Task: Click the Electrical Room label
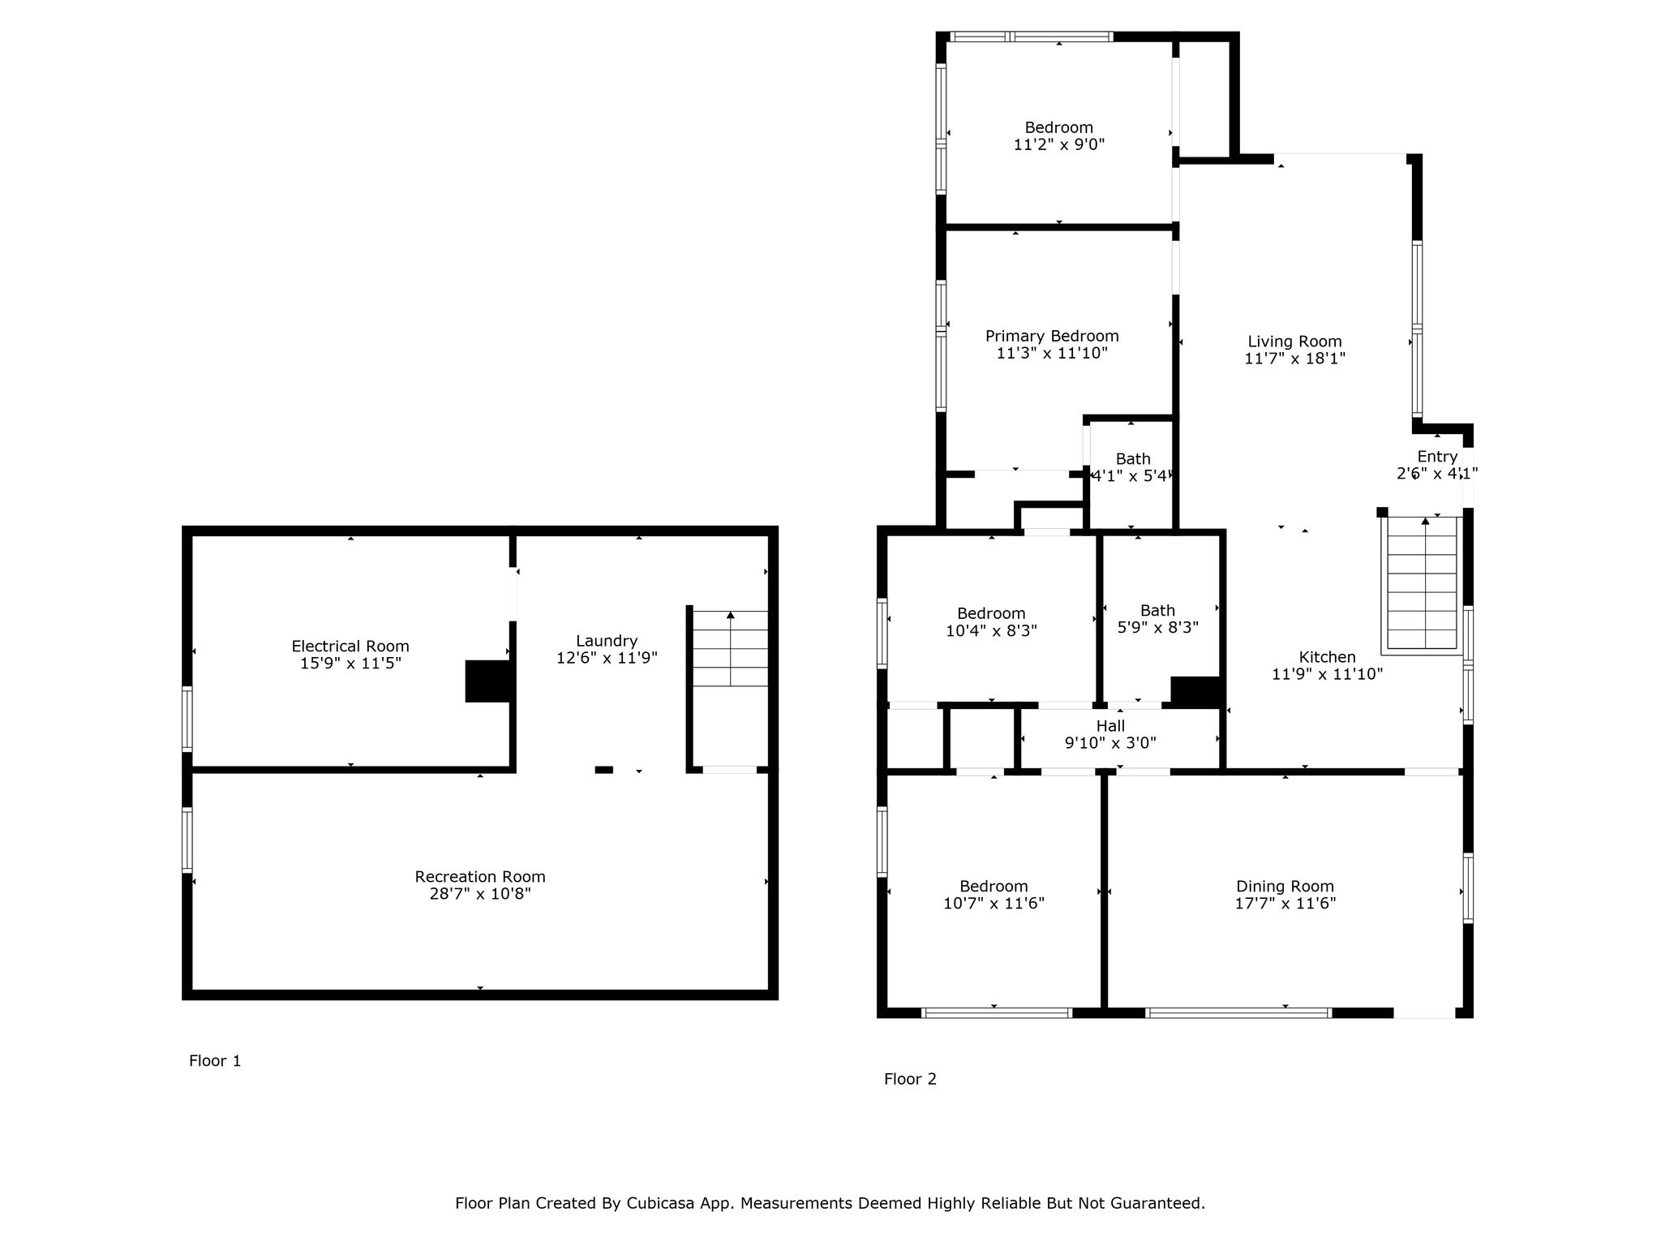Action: (x=350, y=647)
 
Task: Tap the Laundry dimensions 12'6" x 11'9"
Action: (x=607, y=658)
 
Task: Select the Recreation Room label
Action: (x=480, y=877)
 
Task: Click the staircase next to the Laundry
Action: (x=730, y=648)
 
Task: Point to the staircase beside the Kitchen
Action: (x=1423, y=582)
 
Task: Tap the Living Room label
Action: (x=1294, y=342)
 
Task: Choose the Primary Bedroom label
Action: (x=1052, y=336)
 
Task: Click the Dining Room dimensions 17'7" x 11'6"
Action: (x=1285, y=904)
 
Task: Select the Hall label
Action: (x=1110, y=726)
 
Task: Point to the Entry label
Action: (x=1437, y=457)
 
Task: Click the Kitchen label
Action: (x=1327, y=657)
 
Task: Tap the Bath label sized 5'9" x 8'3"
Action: (x=1157, y=611)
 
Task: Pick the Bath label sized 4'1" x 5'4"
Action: (x=1133, y=459)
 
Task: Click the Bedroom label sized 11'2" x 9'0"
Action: (x=1058, y=127)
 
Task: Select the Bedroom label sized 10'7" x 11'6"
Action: (x=994, y=887)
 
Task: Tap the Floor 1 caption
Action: (x=215, y=1061)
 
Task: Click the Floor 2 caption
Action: (x=910, y=1079)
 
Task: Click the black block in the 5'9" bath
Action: (x=1196, y=692)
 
